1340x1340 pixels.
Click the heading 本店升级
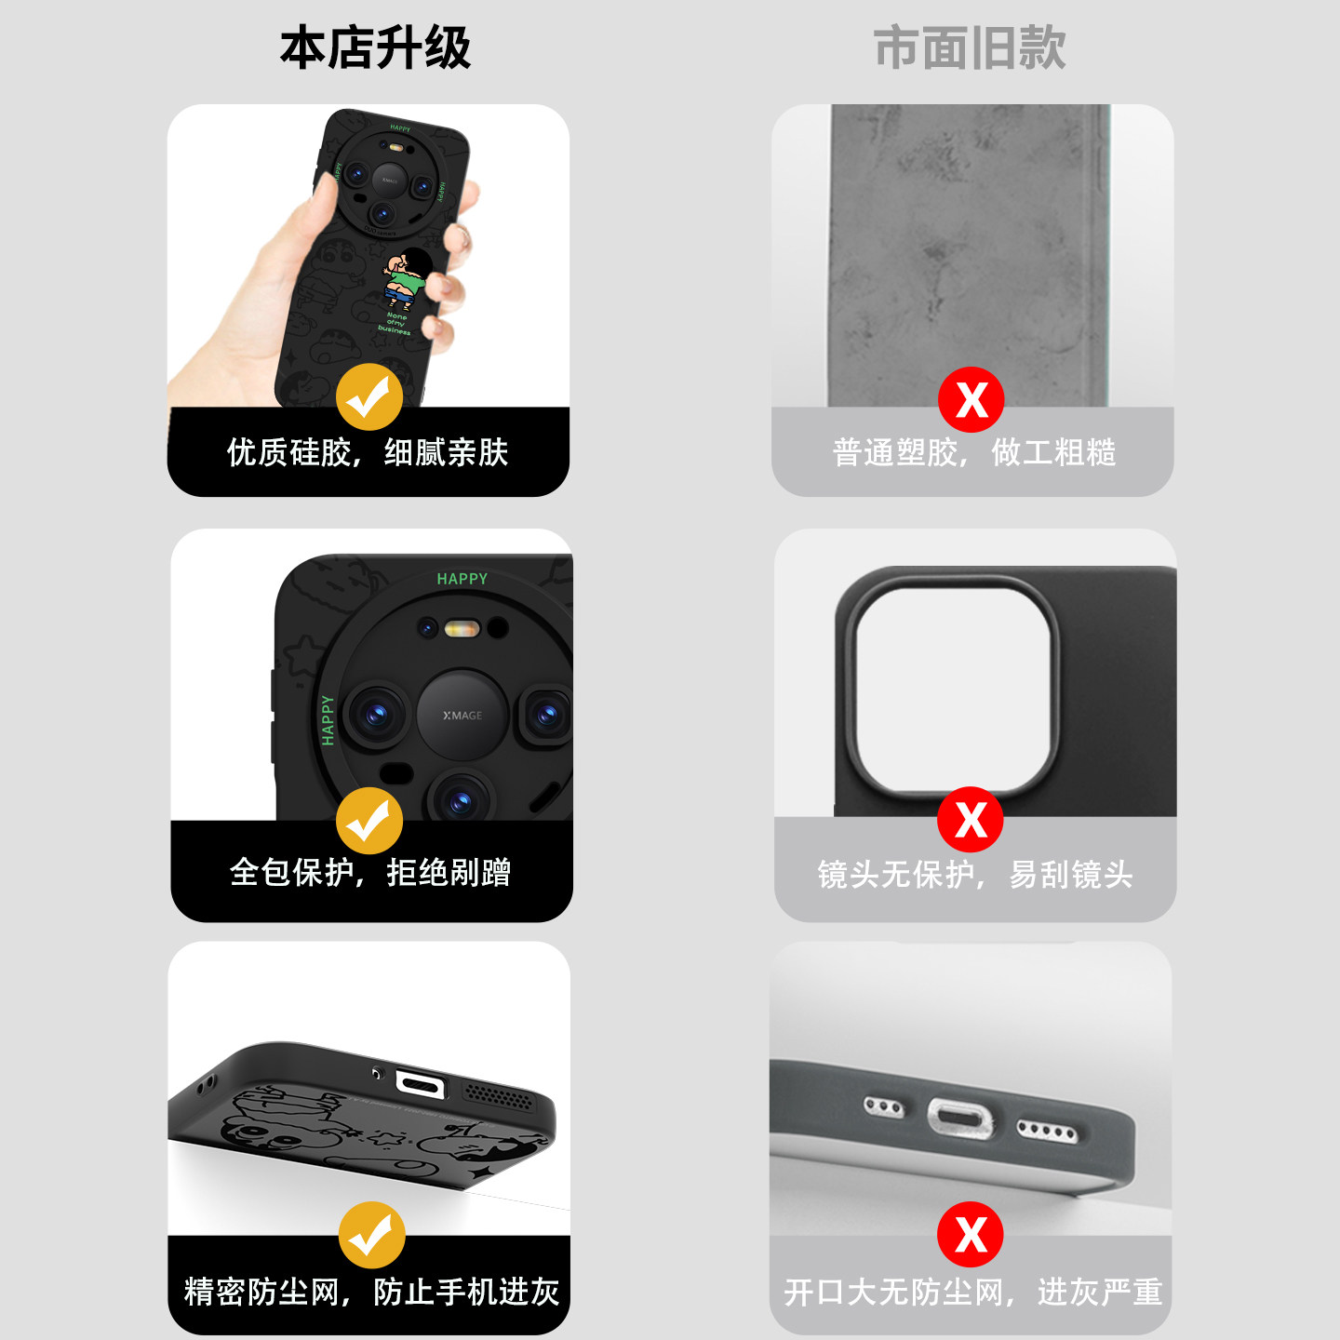(376, 47)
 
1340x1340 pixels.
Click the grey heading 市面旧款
(970, 47)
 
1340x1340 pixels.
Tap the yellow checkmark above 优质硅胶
(369, 397)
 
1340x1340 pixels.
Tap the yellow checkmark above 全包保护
(369, 821)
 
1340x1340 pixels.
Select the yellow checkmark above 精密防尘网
(372, 1235)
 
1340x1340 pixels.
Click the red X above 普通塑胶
(971, 400)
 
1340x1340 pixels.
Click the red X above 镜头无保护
(971, 819)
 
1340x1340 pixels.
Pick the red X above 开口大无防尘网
(971, 1234)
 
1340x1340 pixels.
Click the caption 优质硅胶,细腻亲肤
(368, 452)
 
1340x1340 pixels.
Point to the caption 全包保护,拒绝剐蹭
(370, 873)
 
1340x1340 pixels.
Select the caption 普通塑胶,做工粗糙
(974, 452)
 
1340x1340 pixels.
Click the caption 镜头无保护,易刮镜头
(975, 874)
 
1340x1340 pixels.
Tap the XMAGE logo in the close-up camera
(462, 716)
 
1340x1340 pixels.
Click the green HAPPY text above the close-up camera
(462, 579)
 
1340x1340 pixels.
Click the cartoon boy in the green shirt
(406, 278)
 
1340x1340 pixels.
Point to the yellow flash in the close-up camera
(462, 629)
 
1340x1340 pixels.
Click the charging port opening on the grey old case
(961, 1118)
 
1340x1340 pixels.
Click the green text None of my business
(395, 324)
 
